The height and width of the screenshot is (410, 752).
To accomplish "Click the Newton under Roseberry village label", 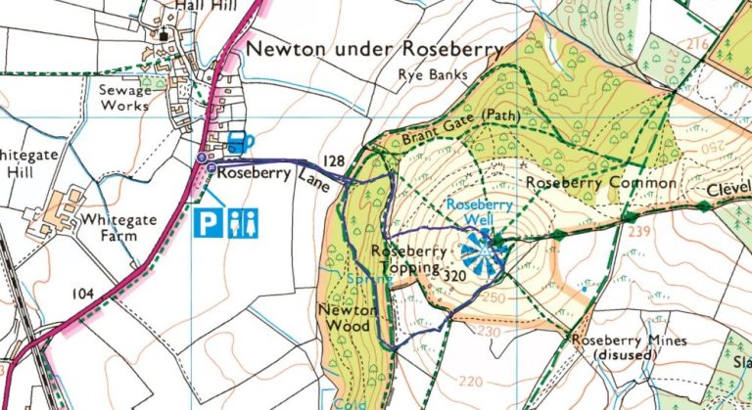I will (374, 48).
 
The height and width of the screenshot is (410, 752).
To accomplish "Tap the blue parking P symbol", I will (208, 223).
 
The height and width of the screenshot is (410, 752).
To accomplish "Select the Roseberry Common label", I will (600, 183).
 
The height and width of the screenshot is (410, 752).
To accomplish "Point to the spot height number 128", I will (334, 160).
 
